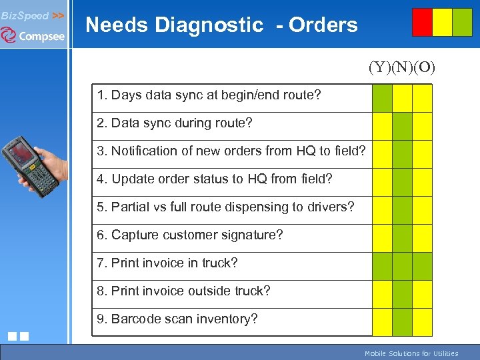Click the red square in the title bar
[x=422, y=22]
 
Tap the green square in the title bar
[x=462, y=22]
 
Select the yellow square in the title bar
[x=442, y=22]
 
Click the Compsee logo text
[x=41, y=36]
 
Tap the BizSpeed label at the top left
[x=25, y=15]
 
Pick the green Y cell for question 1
[x=382, y=98]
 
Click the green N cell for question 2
[x=402, y=126]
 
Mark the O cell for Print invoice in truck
[x=422, y=266]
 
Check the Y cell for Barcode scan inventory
[x=382, y=322]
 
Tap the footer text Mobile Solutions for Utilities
[x=411, y=353]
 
